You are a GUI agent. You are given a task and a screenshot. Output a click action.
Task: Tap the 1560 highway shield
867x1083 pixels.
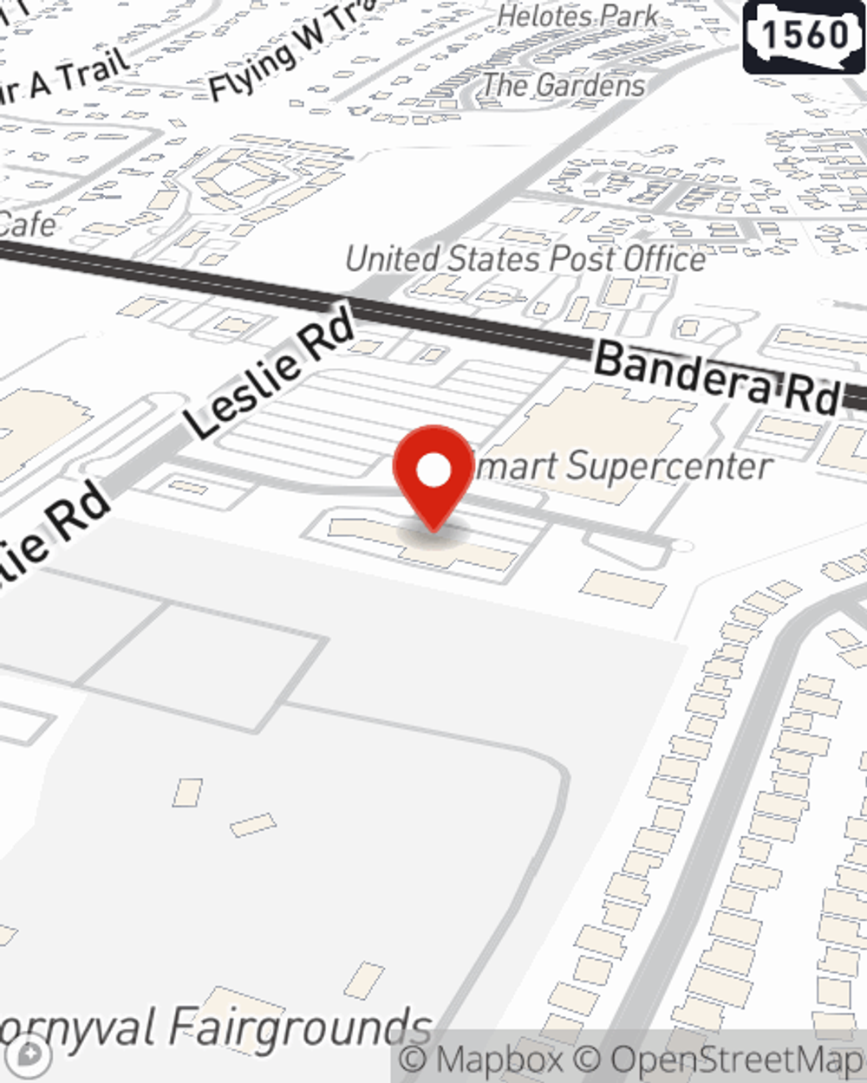click(805, 35)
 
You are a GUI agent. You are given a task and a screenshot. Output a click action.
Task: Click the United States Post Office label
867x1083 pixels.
click(525, 259)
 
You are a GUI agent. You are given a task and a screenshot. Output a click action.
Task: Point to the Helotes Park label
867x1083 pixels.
click(578, 16)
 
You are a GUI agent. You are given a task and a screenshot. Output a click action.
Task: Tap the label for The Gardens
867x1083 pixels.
click(564, 85)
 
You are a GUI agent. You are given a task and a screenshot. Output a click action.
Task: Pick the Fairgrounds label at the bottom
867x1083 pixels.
click(217, 1028)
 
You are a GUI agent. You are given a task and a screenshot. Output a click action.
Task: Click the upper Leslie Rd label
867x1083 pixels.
click(270, 373)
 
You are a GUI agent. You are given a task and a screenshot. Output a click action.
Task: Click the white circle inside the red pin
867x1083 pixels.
click(434, 471)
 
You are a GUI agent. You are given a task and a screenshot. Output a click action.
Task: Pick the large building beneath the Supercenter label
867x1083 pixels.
click(590, 433)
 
